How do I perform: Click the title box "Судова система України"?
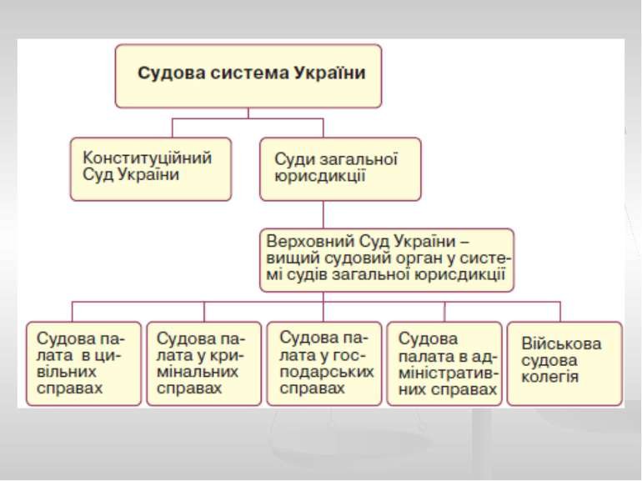tap(248, 76)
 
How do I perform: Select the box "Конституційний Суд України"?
tap(151, 169)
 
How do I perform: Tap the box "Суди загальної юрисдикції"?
tap(340, 169)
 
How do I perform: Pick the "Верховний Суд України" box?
tap(387, 260)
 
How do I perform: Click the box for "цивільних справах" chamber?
tap(83, 363)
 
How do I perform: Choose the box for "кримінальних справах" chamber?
tap(204, 363)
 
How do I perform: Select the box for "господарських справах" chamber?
tap(324, 363)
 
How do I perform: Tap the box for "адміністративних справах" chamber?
tap(444, 363)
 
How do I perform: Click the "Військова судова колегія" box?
tap(564, 363)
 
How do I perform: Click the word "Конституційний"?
tap(148, 158)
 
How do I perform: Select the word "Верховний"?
tap(310, 241)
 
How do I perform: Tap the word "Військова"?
tap(561, 343)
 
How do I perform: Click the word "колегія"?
tap(549, 377)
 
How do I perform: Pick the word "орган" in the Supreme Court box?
tap(429, 259)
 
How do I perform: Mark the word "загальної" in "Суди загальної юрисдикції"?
tap(358, 160)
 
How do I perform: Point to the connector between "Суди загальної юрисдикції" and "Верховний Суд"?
tap(323, 215)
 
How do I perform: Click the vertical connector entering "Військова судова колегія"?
tap(560, 312)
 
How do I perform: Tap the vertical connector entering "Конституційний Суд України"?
tap(172, 128)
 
